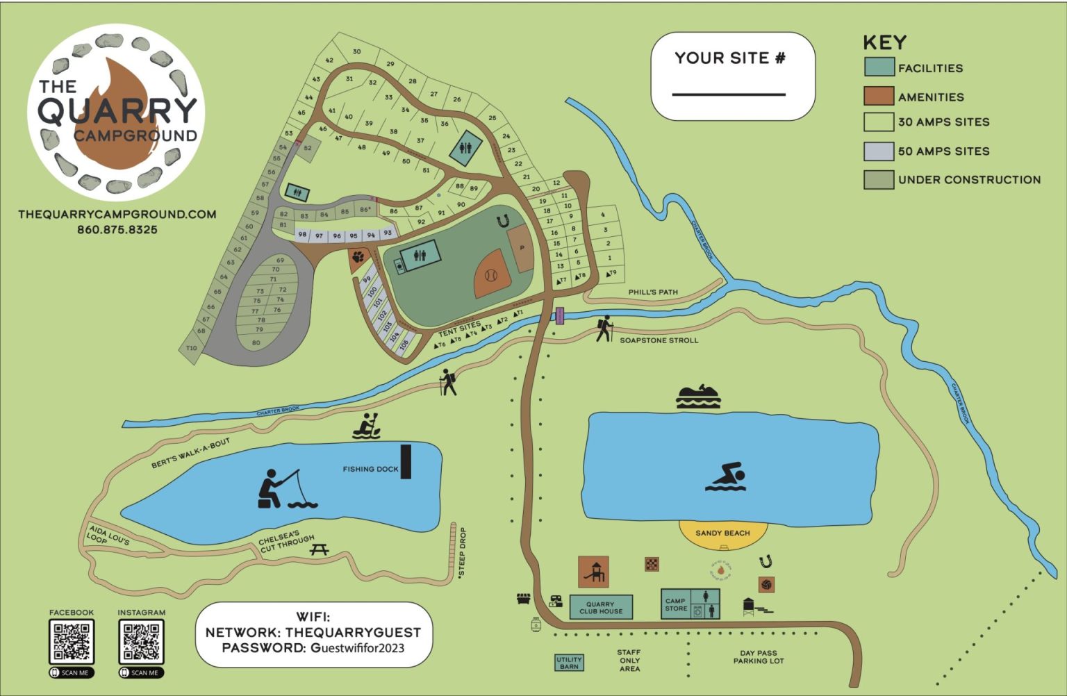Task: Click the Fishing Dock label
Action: (370, 469)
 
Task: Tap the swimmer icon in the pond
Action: (726, 477)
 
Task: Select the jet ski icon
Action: (698, 396)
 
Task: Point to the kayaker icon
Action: (366, 426)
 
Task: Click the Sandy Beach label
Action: (722, 533)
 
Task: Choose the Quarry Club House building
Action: (601, 607)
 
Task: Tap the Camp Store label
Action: (675, 604)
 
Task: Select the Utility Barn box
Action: (569, 663)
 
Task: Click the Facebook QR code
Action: (72, 641)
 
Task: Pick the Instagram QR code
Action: (142, 641)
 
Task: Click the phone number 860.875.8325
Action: (117, 229)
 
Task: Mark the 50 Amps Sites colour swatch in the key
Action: (878, 151)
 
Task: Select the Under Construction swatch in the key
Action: (878, 179)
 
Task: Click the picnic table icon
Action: (320, 549)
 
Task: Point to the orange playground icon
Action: (593, 571)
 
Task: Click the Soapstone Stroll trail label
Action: (659, 340)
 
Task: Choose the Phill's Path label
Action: (653, 292)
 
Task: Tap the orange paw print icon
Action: (358, 257)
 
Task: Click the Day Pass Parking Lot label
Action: (758, 657)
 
